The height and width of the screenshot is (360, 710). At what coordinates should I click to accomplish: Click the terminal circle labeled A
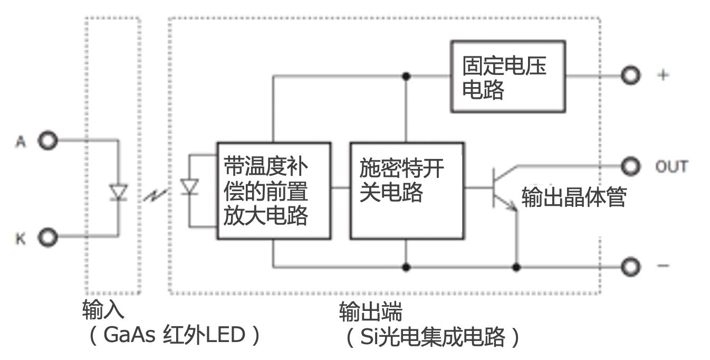point(48,141)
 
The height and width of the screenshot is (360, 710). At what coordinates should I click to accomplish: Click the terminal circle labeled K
point(48,238)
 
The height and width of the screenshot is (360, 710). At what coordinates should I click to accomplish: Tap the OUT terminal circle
point(630,166)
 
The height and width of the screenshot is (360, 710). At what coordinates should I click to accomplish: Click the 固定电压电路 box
point(508,77)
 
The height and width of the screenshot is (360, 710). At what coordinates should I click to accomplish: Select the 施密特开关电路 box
point(407,191)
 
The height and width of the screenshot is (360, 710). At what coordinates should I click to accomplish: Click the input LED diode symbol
point(117,192)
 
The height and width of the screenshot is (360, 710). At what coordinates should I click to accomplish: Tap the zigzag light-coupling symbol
point(155,196)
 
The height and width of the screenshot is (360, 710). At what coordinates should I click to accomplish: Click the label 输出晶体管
point(573,197)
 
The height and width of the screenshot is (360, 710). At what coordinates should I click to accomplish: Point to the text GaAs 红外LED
point(174,336)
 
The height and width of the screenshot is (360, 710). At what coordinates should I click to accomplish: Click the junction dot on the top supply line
point(406,76)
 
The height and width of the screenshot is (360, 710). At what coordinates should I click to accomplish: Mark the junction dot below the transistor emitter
point(516,267)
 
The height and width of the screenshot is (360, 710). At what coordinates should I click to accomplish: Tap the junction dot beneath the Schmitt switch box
point(406,267)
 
